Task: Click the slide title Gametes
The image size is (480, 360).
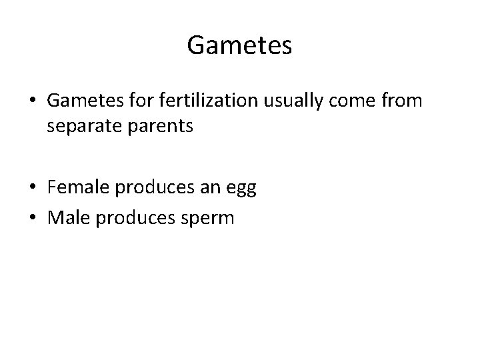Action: pyautogui.click(x=239, y=45)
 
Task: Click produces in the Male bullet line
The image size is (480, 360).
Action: pyautogui.click(x=129, y=218)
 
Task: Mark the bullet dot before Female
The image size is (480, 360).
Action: pyautogui.click(x=33, y=189)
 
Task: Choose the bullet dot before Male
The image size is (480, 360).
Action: pyautogui.click(x=33, y=219)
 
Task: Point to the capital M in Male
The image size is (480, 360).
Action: pyautogui.click(x=55, y=218)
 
